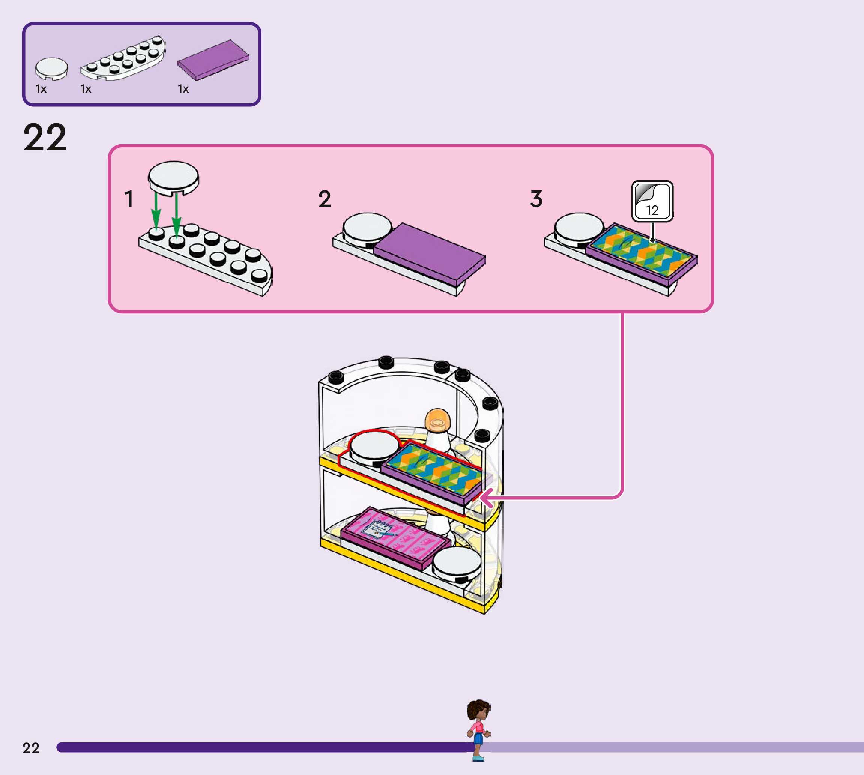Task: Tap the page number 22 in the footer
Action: pyautogui.click(x=31, y=748)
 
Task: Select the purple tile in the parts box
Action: pyautogui.click(x=213, y=60)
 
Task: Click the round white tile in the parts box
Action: pyautogui.click(x=51, y=68)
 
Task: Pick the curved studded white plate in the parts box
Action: pyautogui.click(x=123, y=59)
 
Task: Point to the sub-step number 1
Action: pyautogui.click(x=129, y=199)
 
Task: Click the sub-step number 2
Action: pyautogui.click(x=325, y=199)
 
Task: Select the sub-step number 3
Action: pyautogui.click(x=536, y=199)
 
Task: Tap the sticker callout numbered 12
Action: pyautogui.click(x=652, y=201)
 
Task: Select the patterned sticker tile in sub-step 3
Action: pyautogui.click(x=641, y=252)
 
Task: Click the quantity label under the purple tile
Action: pyautogui.click(x=183, y=89)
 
